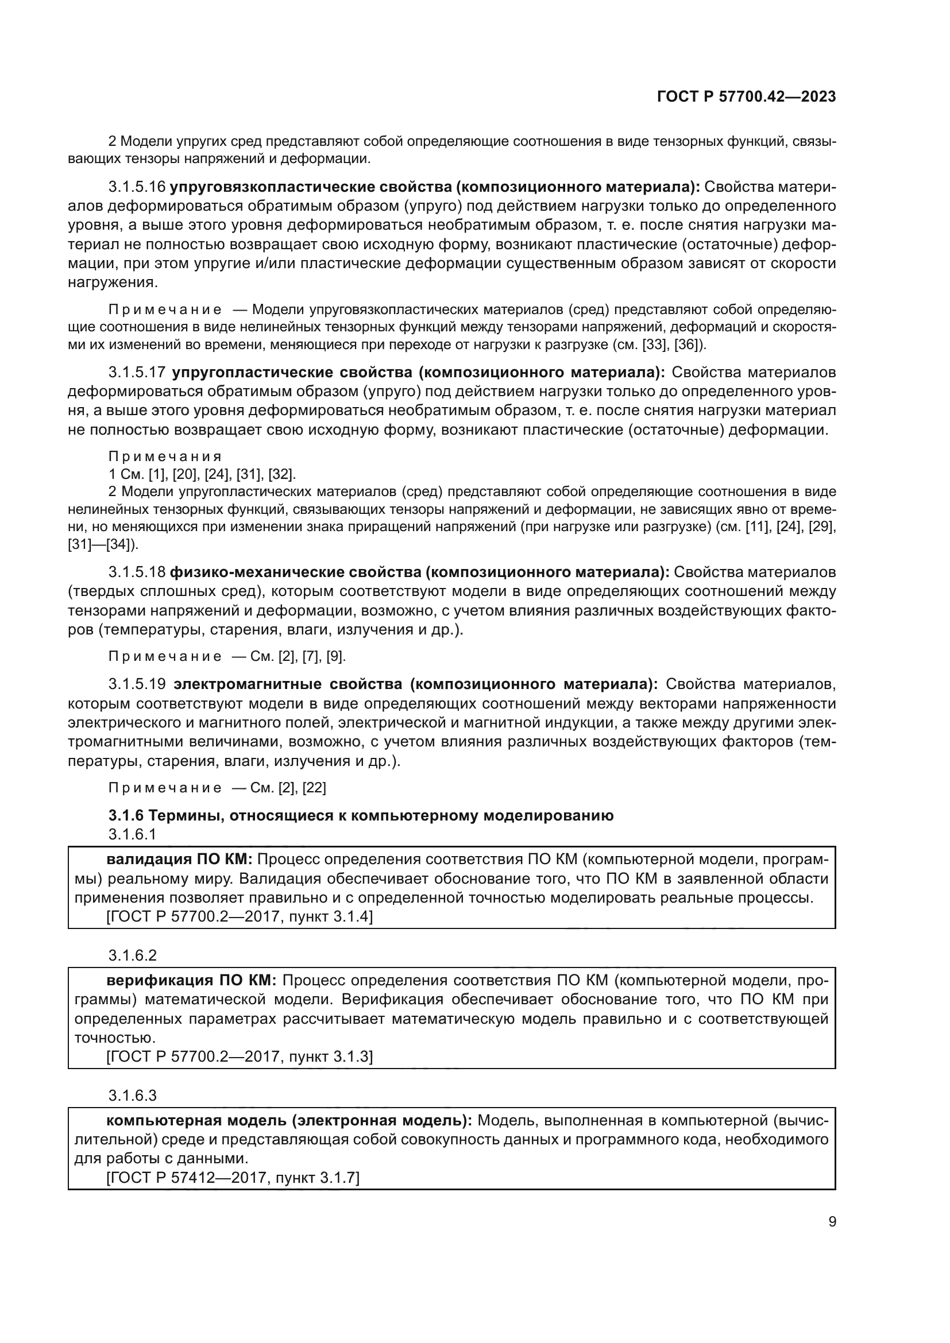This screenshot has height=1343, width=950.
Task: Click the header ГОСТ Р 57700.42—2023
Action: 747,96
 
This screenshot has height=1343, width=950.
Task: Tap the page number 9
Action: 832,1222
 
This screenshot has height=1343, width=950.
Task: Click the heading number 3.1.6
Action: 126,816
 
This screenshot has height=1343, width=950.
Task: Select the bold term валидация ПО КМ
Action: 179,860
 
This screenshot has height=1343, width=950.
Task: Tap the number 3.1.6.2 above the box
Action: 132,956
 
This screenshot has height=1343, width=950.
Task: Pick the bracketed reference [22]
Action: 314,788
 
